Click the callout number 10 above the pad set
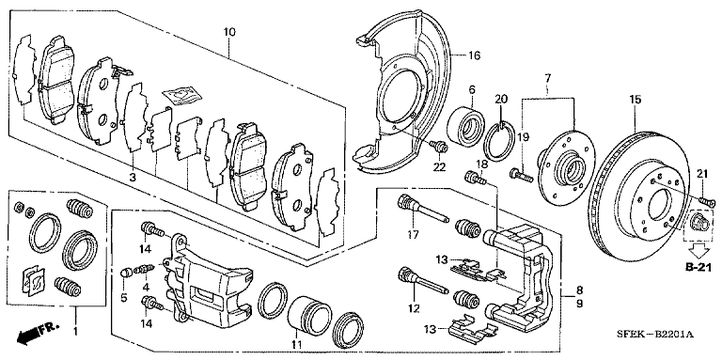coord(228,33)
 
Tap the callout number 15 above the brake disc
coord(635,100)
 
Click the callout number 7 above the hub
coord(546,75)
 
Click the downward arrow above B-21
coord(697,250)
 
